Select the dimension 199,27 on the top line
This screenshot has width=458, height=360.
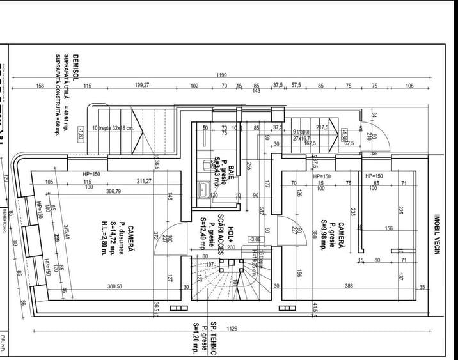[x=141, y=86]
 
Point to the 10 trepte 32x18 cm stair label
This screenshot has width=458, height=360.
[x=113, y=128]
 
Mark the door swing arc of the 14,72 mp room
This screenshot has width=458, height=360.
[x=170, y=238]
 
